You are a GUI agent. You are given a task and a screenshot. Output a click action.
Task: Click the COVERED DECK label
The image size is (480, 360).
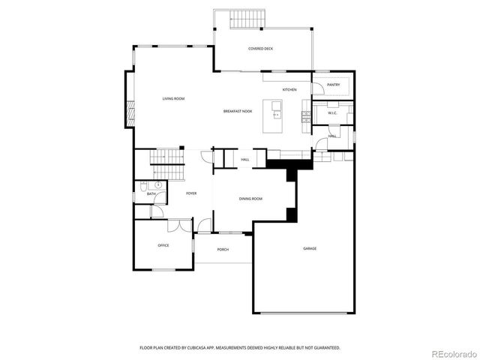tap(260, 49)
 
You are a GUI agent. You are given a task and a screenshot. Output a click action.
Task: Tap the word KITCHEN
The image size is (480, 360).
tap(289, 90)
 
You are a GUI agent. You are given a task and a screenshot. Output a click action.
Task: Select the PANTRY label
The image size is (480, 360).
tap(333, 85)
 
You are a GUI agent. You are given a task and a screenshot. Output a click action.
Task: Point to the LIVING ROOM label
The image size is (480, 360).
tap(173, 99)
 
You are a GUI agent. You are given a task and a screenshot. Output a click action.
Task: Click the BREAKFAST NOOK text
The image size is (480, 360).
tap(237, 111)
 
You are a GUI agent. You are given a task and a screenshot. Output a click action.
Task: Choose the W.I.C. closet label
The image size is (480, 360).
tap(332, 113)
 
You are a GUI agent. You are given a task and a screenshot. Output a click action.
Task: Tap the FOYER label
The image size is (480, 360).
tap(191, 193)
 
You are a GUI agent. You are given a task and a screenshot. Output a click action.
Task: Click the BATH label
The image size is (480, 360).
tap(151, 194)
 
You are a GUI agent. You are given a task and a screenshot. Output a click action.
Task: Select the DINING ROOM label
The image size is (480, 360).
tap(250, 199)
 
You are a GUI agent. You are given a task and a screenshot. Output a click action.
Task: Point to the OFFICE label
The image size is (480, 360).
tap(163, 245)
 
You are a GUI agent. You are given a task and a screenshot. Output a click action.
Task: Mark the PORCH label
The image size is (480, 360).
tap(223, 249)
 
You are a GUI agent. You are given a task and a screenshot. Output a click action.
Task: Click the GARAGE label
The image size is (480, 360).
tap(309, 248)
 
